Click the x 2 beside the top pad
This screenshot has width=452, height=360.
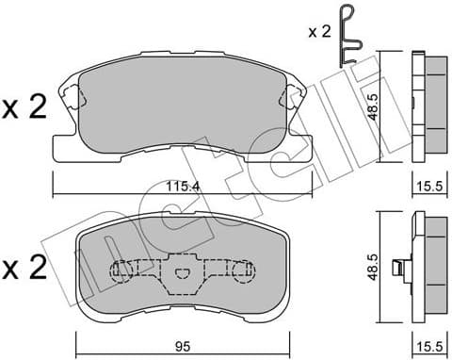coord(25,108)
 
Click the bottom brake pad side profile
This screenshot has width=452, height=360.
coord(429,264)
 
